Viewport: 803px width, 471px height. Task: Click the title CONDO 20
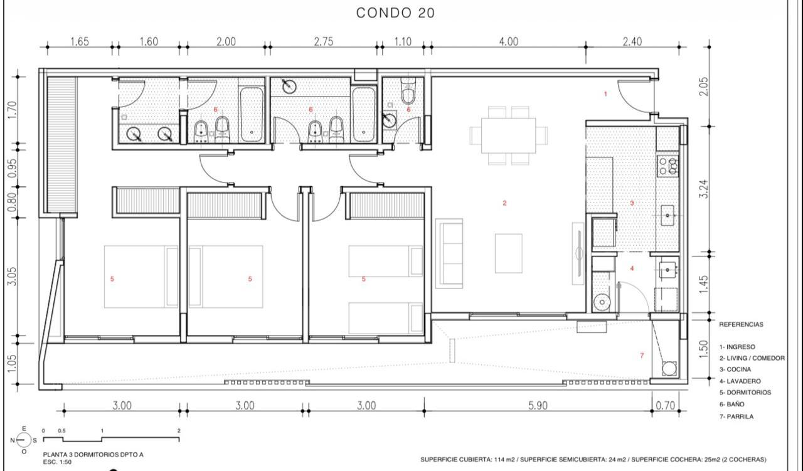click(x=395, y=13)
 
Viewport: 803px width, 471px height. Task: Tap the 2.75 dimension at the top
click(x=324, y=41)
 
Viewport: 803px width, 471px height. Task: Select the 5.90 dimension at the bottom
click(x=538, y=405)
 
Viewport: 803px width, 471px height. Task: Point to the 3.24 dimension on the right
click(x=704, y=189)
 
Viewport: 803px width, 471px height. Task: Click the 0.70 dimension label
click(x=666, y=405)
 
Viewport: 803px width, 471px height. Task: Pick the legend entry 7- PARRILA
click(x=737, y=416)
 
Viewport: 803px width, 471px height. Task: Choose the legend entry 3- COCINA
click(x=735, y=369)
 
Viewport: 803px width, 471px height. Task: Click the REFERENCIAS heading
click(x=741, y=324)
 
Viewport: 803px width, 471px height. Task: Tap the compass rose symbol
click(x=24, y=440)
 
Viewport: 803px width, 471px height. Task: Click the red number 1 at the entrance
click(x=605, y=94)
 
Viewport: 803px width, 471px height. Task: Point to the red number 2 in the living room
click(x=505, y=203)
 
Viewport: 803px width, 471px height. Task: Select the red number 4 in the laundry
click(x=632, y=268)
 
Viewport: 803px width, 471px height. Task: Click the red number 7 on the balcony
click(x=642, y=356)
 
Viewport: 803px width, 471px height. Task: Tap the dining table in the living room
click(x=508, y=135)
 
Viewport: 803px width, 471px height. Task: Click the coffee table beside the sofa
click(x=508, y=253)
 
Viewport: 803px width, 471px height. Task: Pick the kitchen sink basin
click(x=667, y=215)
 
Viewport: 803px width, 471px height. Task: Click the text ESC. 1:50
click(x=57, y=462)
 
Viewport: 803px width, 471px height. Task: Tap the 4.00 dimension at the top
click(x=508, y=41)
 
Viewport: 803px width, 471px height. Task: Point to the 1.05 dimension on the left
click(x=11, y=364)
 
